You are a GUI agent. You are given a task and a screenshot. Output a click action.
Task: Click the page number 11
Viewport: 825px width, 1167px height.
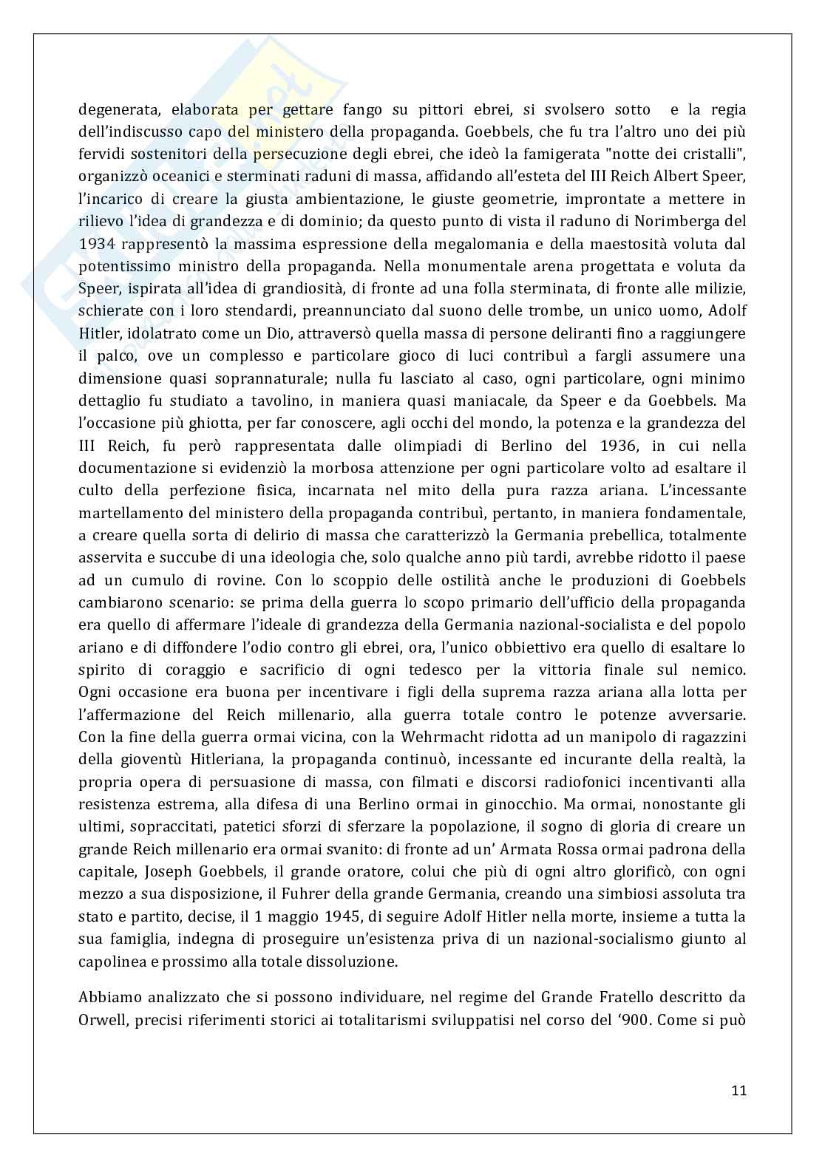coord(739,1090)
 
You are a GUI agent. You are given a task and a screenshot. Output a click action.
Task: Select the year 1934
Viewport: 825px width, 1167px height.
coord(95,243)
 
